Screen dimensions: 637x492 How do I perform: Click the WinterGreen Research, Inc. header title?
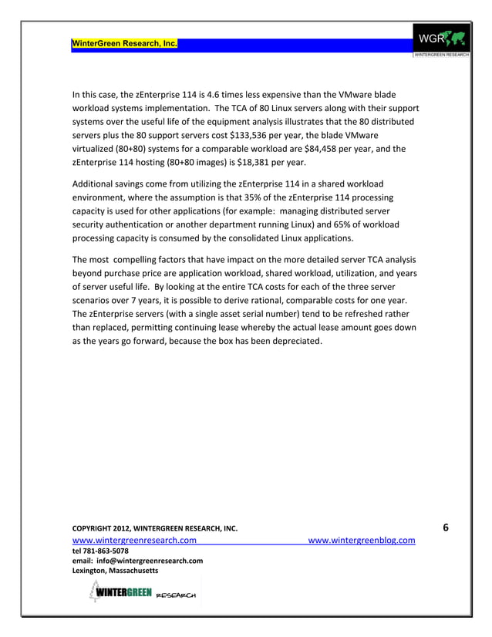pos(124,43)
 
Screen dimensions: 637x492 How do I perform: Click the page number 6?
pos(447,527)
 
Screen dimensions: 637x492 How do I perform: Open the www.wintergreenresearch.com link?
pos(133,541)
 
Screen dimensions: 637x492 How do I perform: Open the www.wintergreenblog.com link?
pos(362,541)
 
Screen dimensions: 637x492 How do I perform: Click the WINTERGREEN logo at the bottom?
pos(139,595)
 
